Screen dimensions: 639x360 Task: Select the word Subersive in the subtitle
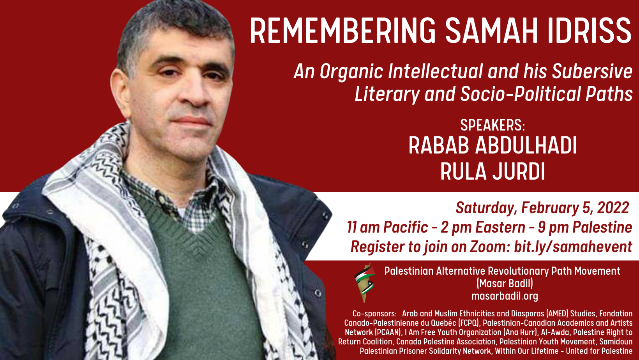click(x=592, y=71)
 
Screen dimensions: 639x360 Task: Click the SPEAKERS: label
click(x=492, y=125)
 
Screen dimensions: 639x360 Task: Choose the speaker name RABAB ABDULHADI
click(x=492, y=145)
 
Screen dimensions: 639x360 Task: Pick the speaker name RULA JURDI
click(x=492, y=171)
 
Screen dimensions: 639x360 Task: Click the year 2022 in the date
click(x=613, y=208)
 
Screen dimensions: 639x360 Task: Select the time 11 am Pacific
click(x=387, y=228)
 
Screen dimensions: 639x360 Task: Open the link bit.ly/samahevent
click(x=573, y=247)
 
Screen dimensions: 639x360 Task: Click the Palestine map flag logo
click(x=365, y=283)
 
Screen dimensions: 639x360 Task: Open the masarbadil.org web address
click(x=505, y=296)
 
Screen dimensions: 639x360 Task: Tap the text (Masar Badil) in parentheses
click(x=505, y=284)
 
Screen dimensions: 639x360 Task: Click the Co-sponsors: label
click(x=374, y=314)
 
